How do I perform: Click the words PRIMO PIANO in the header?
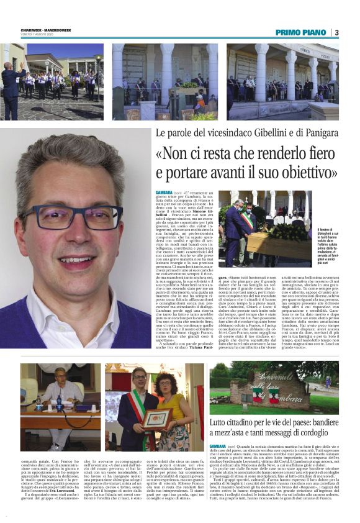click(x=301, y=32)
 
